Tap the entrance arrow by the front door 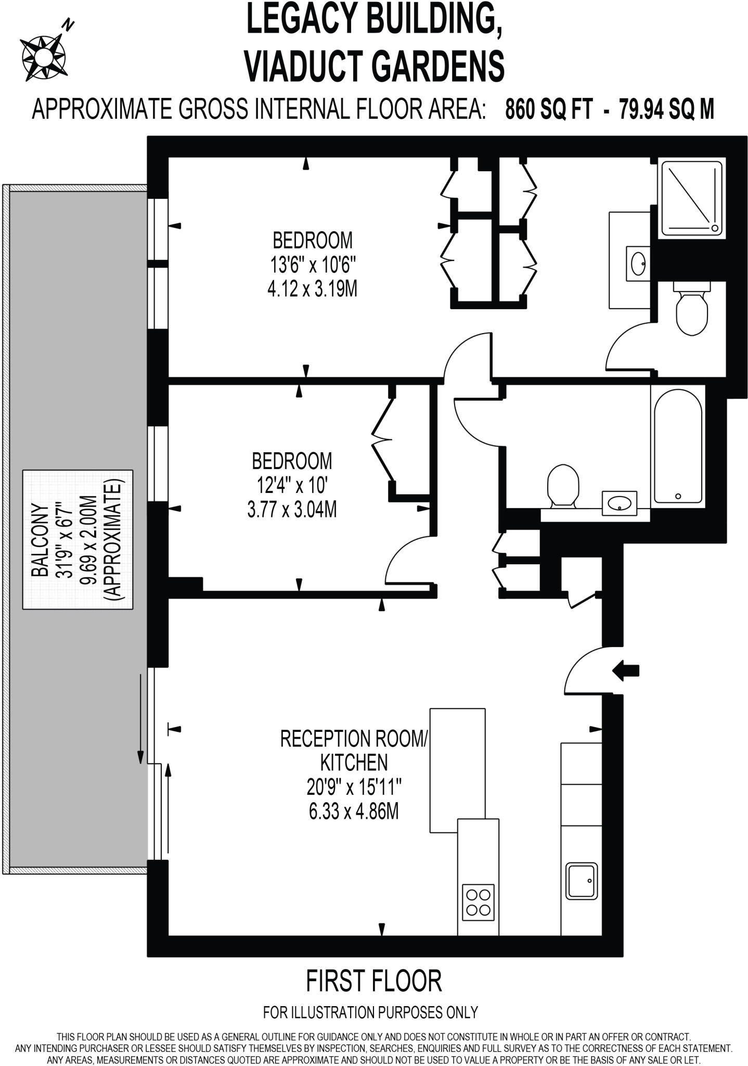(x=625, y=670)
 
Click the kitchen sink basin (x=582, y=880)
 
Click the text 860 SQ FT (x=549, y=110)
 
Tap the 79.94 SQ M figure (x=666, y=110)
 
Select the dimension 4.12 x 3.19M (x=312, y=289)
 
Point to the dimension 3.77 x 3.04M (x=292, y=510)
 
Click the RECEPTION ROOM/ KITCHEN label (x=354, y=750)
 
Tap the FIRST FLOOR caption (x=373, y=981)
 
